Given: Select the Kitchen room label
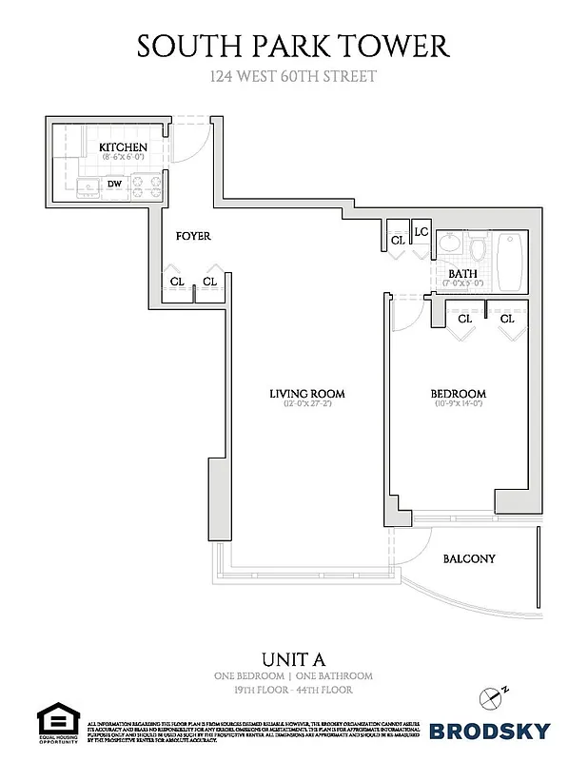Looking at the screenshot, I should coord(124,147).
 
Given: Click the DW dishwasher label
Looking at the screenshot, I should coord(114,185).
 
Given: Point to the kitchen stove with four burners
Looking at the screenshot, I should coord(145,185).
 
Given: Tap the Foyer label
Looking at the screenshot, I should coord(193,236).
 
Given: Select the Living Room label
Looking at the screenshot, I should coord(306,394).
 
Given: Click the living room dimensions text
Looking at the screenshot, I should coord(306,405).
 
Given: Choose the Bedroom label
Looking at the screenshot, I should coord(459,394).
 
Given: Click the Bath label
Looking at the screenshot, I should coord(464,274).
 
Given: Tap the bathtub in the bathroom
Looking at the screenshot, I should coord(512,263).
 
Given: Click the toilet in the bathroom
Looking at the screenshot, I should coord(479,250).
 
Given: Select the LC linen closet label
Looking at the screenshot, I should coord(421,232).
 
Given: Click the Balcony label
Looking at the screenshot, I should coord(469,559).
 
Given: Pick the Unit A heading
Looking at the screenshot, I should coord(293,660).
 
